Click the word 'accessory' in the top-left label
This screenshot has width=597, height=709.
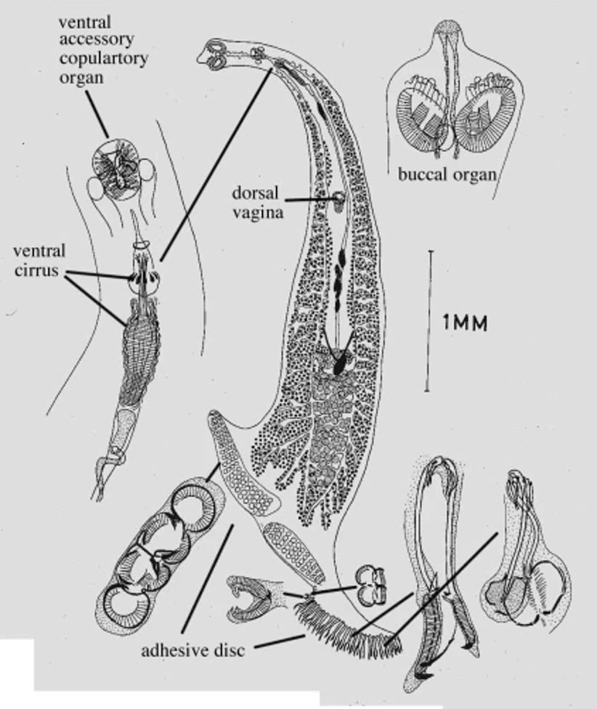pos(97,40)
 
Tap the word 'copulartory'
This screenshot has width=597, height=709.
pos(103,59)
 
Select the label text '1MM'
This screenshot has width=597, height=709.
pos(465,323)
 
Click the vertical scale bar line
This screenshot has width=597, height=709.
pos(428,320)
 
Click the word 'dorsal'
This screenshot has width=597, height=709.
pos(255,193)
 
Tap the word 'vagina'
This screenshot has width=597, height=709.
pos(258,212)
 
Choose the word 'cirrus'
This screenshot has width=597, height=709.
pos(36,270)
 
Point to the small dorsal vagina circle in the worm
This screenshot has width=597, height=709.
pos(339,198)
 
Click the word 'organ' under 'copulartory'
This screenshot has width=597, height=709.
pos(81,78)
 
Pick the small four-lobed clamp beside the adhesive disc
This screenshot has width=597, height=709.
pos(371,587)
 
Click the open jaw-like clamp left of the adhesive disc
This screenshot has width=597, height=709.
pos(249,599)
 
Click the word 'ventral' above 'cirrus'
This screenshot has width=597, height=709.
pos(39,251)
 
